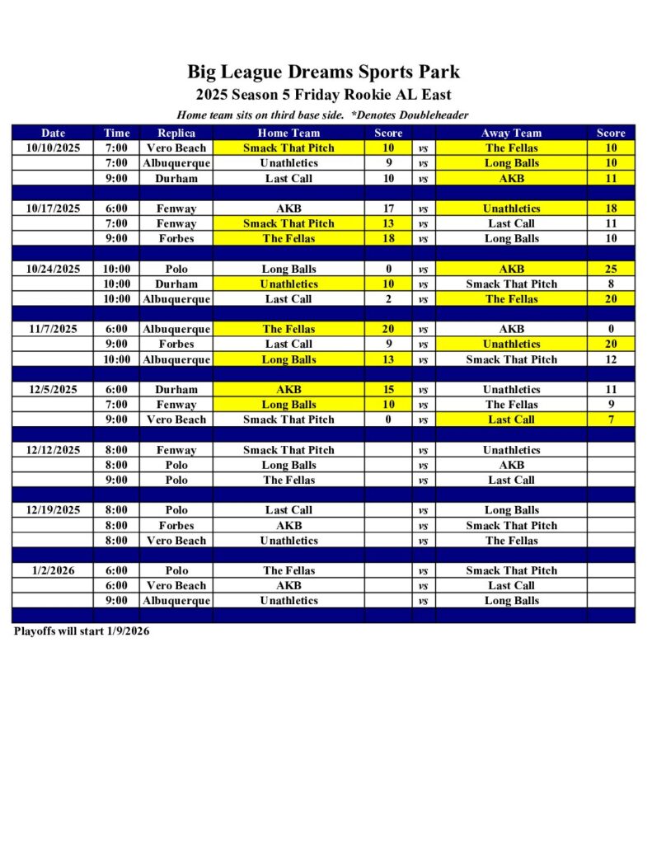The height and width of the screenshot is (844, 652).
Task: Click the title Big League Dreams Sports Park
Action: coord(323,72)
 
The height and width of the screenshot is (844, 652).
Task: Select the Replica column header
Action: coord(176,133)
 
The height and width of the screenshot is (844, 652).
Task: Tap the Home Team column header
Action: coord(288,133)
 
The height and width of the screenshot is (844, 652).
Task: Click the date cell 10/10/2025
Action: coord(54,148)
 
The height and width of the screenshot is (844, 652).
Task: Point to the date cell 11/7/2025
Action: coord(54,329)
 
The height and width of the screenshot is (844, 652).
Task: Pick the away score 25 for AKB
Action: coord(611,269)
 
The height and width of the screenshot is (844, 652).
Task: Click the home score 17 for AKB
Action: coord(388,209)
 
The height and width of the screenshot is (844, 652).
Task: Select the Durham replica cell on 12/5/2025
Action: coord(176,389)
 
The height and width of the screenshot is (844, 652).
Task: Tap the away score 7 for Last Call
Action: coord(611,420)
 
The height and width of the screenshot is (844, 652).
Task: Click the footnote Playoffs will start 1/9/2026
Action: coord(82,631)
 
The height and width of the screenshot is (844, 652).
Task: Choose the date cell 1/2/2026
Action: coord(54,570)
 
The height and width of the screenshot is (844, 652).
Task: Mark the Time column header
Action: coord(116,133)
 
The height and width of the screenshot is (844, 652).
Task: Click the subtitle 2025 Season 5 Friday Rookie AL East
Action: coord(323,95)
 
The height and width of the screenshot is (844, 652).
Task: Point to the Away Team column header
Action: coord(511,133)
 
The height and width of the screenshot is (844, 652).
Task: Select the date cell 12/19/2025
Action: coord(54,510)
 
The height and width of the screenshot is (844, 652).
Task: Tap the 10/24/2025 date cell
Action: coord(54,269)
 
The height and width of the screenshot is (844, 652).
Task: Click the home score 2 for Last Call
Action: coord(388,299)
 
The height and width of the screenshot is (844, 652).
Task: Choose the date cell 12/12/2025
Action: coord(54,450)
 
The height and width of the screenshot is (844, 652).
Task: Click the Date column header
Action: coord(54,133)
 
